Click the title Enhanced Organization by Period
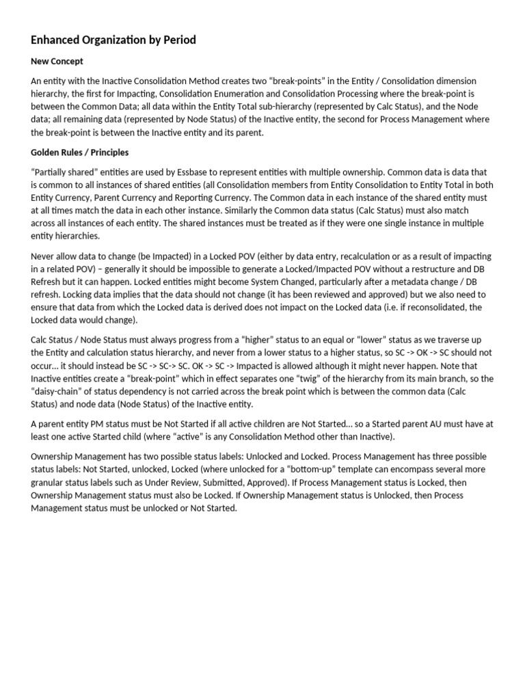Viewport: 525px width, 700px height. tap(113, 40)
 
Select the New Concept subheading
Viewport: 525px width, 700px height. tap(57, 62)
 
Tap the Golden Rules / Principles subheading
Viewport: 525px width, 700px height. tap(79, 152)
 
